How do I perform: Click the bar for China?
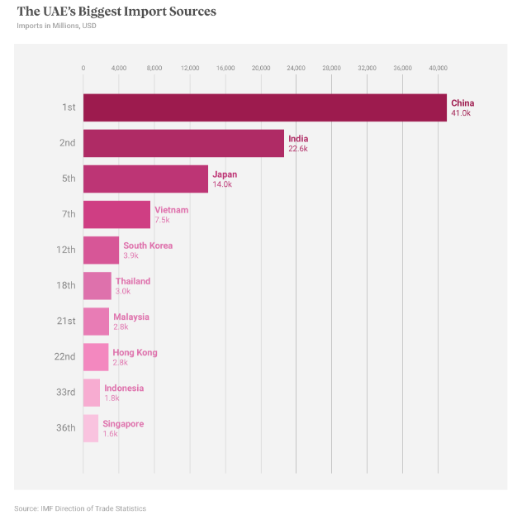click(x=264, y=107)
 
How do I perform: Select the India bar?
click(x=183, y=143)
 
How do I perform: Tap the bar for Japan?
click(x=145, y=179)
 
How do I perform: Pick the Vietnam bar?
click(x=116, y=214)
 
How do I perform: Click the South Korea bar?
click(x=101, y=250)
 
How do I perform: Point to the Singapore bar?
click(x=90, y=428)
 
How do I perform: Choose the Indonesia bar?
click(x=91, y=393)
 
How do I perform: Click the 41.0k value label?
click(x=461, y=112)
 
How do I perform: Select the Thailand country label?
click(x=133, y=281)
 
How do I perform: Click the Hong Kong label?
click(x=135, y=352)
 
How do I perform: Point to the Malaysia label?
click(x=131, y=317)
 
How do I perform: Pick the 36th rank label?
click(x=66, y=428)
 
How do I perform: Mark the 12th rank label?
click(x=66, y=250)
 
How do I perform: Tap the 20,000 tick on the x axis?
click(x=261, y=67)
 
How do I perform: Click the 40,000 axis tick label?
click(x=438, y=67)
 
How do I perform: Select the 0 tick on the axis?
click(x=83, y=67)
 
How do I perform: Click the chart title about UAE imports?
click(x=116, y=12)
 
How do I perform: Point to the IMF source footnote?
click(x=80, y=508)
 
